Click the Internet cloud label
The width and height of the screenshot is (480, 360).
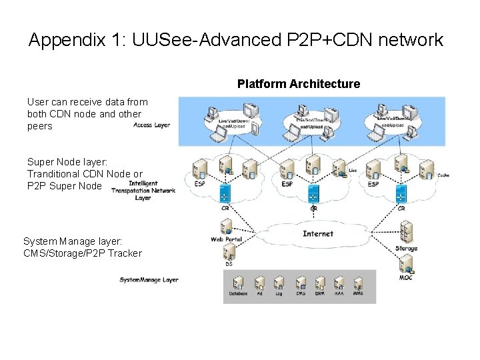pyautogui.click(x=317, y=234)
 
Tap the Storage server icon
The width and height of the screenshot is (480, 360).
pyautogui.click(x=405, y=235)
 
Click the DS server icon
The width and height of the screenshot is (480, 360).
pyautogui.click(x=229, y=251)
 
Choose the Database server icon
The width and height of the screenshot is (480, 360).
pyautogui.click(x=238, y=282)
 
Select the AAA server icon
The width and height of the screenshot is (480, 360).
pyautogui.click(x=339, y=282)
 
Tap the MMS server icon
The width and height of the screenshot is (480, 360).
pyautogui.click(x=359, y=282)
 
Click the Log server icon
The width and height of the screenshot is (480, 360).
pyautogui.click(x=279, y=282)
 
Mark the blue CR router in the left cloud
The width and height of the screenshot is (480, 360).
pyautogui.click(x=225, y=193)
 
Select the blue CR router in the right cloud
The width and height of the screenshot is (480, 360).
pyautogui.click(x=401, y=194)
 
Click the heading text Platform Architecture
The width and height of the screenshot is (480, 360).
pyautogui.click(x=298, y=84)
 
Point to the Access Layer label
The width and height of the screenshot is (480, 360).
pyautogui.click(x=151, y=125)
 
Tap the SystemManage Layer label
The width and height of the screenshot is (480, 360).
pyautogui.click(x=149, y=280)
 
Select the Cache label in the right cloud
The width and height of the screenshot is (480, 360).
pyautogui.click(x=443, y=175)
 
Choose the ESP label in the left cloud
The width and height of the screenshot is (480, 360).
pyautogui.click(x=199, y=184)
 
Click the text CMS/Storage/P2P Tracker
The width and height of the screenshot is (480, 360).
pyautogui.click(x=82, y=253)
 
